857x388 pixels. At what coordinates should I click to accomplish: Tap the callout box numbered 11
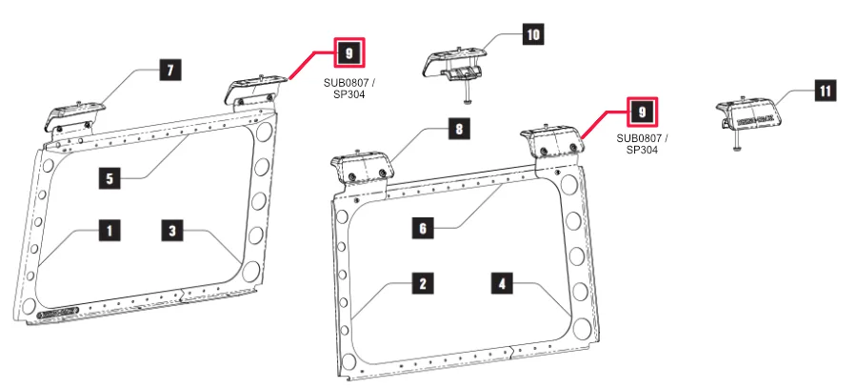(825, 91)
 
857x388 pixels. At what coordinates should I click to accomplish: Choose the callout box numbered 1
(110, 229)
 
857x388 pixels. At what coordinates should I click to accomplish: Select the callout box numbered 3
(172, 229)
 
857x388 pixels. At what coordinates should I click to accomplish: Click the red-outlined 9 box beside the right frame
(642, 112)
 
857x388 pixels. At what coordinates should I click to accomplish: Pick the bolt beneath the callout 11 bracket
(739, 146)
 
